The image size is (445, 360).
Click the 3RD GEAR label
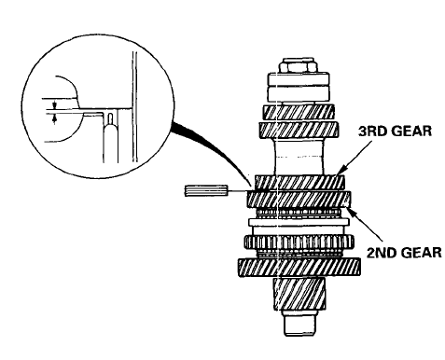(395, 132)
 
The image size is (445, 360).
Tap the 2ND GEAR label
(404, 252)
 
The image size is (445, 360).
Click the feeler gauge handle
(206, 190)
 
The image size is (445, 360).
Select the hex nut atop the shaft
(299, 65)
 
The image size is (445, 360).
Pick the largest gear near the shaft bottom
(299, 267)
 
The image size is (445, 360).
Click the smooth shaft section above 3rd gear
(299, 157)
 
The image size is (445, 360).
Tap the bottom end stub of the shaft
(299, 323)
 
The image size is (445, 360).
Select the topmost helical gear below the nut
(299, 113)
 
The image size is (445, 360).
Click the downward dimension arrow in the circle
(54, 104)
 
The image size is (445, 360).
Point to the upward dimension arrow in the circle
(54, 118)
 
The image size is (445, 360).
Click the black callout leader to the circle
(212, 149)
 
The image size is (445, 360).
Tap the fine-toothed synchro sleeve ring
(299, 242)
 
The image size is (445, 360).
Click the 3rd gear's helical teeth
(299, 183)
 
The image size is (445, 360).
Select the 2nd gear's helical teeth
(299, 200)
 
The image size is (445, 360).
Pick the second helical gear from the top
(299, 130)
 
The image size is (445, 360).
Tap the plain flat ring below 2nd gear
(299, 222)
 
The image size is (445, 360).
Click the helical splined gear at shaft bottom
(299, 294)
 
